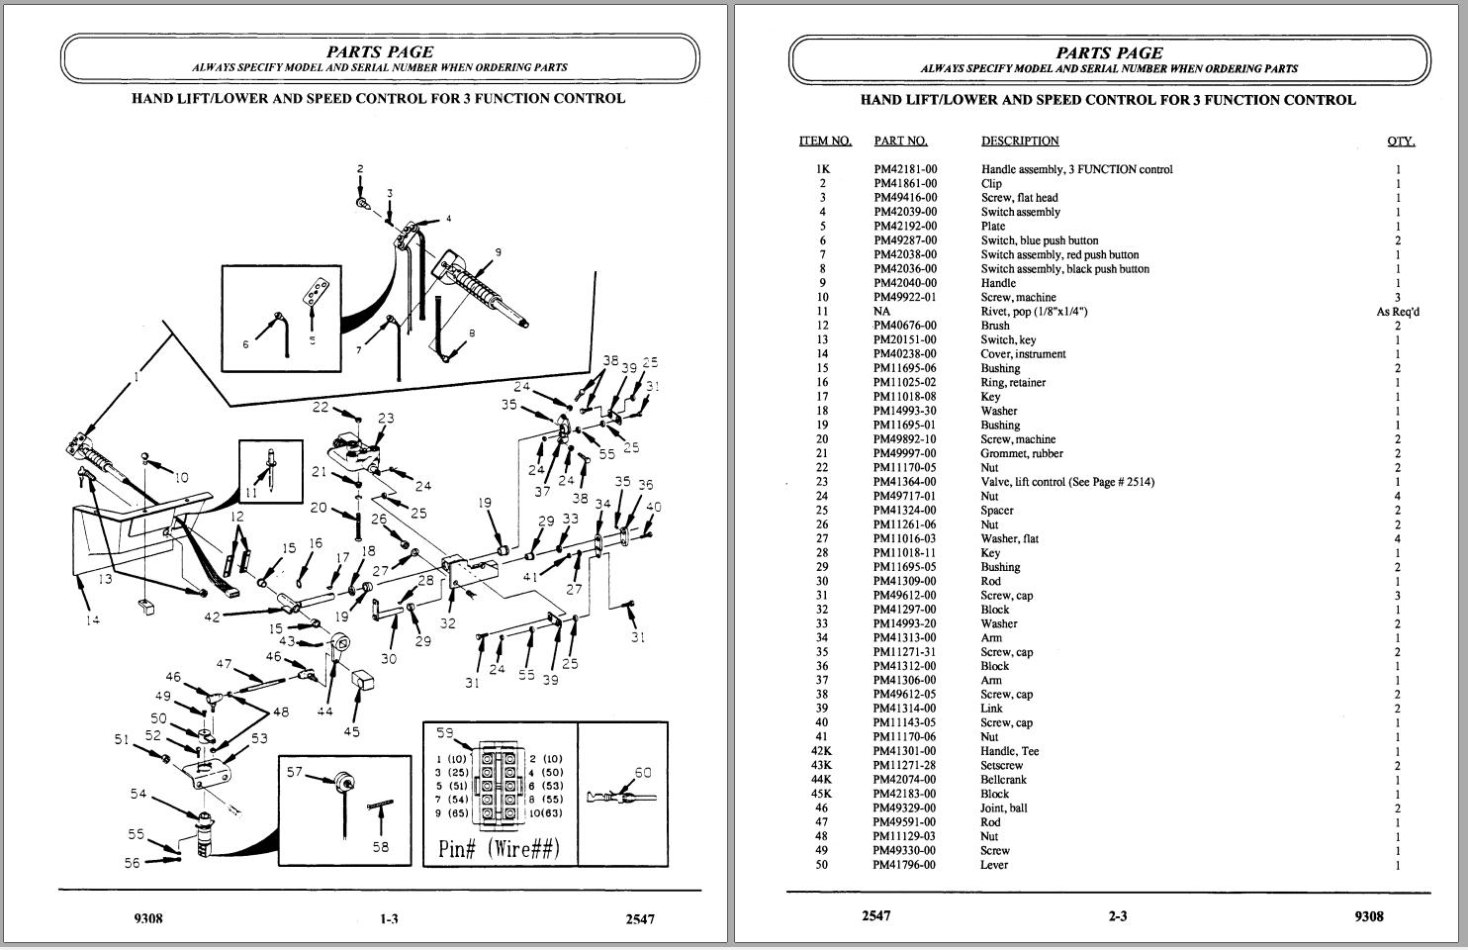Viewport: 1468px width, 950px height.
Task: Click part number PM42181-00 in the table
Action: pyautogui.click(x=905, y=169)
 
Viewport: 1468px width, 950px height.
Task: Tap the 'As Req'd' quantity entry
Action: pyautogui.click(x=1398, y=312)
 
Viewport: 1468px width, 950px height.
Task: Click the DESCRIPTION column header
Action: pyautogui.click(x=1020, y=141)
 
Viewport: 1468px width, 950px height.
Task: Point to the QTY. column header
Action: pyautogui.click(x=1401, y=141)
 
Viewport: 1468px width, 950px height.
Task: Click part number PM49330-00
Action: pyautogui.click(x=905, y=850)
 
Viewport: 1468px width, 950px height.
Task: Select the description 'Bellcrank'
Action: pyautogui.click(x=1005, y=780)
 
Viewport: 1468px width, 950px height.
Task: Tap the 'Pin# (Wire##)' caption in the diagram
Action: pyautogui.click(x=499, y=848)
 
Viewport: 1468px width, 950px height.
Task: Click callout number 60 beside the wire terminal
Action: pyautogui.click(x=643, y=773)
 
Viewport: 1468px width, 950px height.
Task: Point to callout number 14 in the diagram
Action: pyautogui.click(x=92, y=620)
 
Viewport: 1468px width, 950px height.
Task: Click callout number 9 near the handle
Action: pyautogui.click(x=498, y=252)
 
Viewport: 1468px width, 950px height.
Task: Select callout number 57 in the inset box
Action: pyautogui.click(x=294, y=771)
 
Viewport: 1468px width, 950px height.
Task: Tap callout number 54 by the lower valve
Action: pyautogui.click(x=138, y=794)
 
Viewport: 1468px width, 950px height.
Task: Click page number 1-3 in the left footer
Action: pyautogui.click(x=389, y=919)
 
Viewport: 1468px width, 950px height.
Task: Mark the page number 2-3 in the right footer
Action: pyautogui.click(x=1117, y=916)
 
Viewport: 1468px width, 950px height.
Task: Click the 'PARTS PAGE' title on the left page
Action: pyautogui.click(x=380, y=51)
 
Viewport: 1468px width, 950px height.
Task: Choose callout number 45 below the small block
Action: pyautogui.click(x=351, y=731)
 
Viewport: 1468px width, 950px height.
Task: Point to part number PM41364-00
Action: pyautogui.click(x=905, y=482)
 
